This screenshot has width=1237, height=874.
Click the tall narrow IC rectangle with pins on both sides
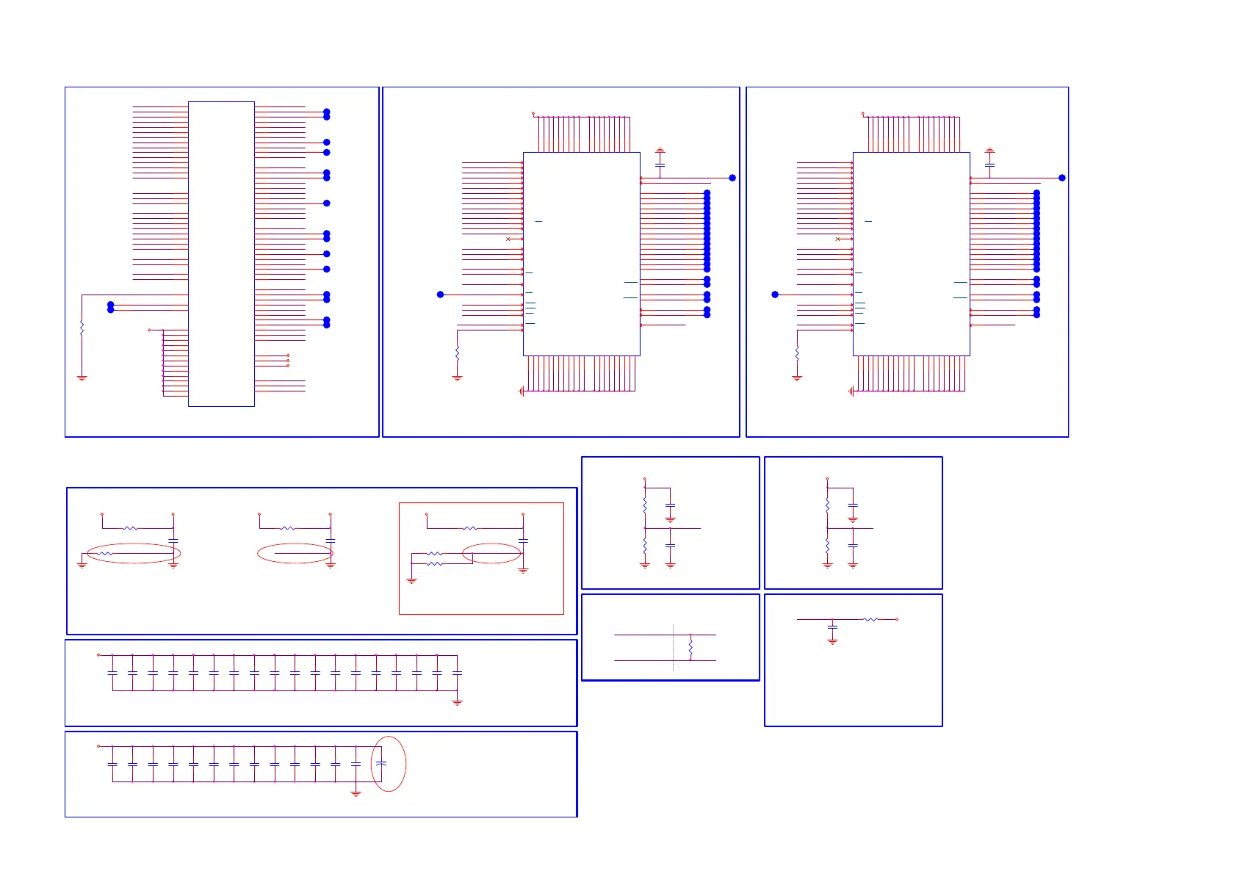[221, 253]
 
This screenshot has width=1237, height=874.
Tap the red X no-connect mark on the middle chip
[508, 239]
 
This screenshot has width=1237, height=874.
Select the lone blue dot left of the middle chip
[441, 295]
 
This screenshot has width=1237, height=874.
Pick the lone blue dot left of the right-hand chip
[775, 295]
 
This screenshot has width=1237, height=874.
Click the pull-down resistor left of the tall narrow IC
[82, 328]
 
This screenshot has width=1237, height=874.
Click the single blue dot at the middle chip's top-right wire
[732, 178]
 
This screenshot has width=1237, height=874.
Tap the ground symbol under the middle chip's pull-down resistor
[457, 378]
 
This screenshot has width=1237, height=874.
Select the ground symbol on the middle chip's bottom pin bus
[521, 391]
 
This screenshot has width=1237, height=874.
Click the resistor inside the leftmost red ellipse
[106, 554]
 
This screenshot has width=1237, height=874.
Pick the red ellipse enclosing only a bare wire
[295, 553]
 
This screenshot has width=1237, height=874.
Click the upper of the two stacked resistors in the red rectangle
[435, 554]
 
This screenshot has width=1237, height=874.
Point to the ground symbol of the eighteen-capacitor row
[457, 703]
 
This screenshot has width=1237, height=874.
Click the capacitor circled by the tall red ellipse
[381, 764]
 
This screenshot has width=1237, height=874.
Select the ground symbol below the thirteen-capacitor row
[356, 794]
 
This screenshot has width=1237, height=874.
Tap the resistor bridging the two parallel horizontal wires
[690, 648]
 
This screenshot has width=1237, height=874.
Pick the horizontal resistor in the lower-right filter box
[870, 619]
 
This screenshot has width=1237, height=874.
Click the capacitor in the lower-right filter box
[832, 628]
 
